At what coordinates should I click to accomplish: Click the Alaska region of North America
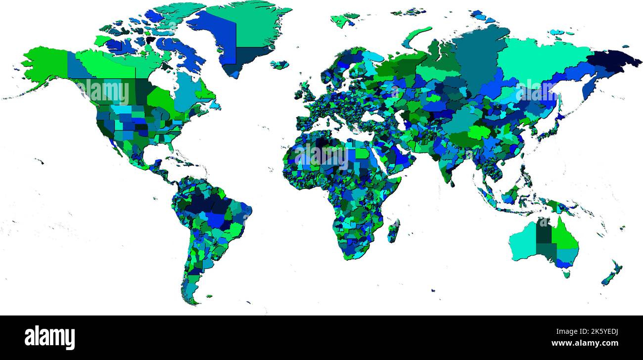(x=47, y=64)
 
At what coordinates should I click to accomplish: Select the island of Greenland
(x=242, y=30)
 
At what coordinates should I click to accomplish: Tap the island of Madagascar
(x=393, y=231)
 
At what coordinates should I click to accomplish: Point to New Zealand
(x=612, y=273)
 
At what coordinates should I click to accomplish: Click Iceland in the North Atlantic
(x=279, y=64)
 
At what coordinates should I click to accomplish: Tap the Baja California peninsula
(x=112, y=143)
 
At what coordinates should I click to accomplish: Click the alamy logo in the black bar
(x=49, y=337)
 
